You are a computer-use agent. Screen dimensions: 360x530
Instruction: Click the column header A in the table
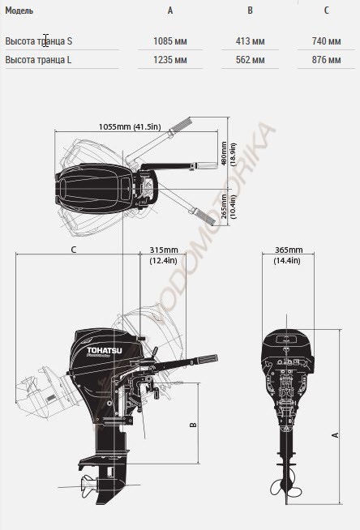pos(170,11)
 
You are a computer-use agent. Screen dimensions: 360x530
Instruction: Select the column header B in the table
pos(250,11)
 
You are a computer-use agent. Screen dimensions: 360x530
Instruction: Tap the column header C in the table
pos(326,11)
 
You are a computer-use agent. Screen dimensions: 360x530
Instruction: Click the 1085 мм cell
pos(170,41)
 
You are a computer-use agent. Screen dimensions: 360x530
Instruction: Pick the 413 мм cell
pos(251,41)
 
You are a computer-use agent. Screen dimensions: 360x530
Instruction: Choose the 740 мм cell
pos(326,41)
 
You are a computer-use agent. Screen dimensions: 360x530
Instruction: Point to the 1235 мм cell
pos(170,60)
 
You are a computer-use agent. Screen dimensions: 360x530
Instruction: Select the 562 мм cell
pos(251,60)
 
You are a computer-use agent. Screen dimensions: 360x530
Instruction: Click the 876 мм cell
pos(326,60)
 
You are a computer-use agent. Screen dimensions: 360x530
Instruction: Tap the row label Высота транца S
pos(39,41)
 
